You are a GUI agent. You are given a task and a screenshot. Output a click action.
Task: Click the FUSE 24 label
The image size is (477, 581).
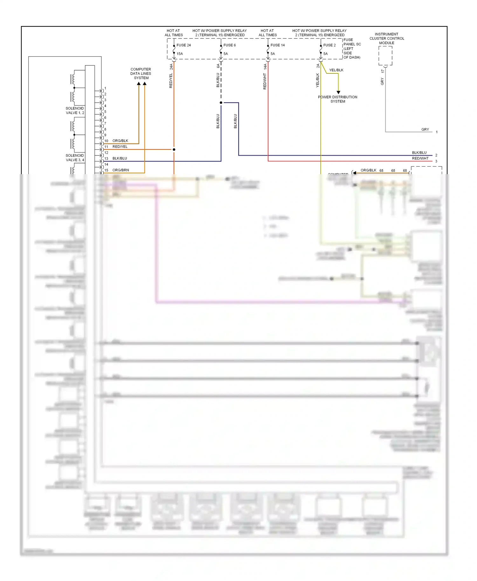183,45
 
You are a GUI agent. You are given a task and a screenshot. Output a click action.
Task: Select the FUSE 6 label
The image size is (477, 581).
230,45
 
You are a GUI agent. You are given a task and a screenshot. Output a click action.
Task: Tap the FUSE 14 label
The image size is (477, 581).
278,45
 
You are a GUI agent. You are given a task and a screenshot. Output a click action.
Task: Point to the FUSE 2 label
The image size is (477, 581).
329,45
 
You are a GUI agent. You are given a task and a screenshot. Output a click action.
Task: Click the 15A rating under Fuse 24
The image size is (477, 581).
180,54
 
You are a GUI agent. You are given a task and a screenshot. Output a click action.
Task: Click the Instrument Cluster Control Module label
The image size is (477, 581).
387,38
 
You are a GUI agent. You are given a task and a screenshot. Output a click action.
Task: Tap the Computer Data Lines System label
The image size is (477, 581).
141,73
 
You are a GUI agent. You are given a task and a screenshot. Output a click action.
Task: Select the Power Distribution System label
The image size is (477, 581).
337,99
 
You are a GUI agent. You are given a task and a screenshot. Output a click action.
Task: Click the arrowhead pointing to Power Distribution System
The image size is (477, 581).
338,92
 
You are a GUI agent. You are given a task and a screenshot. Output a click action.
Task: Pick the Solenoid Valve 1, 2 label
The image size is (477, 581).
75,111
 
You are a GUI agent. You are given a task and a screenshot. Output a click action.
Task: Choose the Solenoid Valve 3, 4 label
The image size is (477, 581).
75,158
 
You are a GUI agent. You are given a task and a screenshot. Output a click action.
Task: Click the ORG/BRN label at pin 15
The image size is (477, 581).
121,170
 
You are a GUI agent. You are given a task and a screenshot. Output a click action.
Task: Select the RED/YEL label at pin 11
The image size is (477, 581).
120,147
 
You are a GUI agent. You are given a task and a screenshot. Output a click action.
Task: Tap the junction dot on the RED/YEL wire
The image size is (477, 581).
174,149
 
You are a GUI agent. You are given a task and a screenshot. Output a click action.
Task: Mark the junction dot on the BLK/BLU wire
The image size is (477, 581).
221,103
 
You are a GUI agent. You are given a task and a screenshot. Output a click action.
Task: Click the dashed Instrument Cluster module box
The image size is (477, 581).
385,56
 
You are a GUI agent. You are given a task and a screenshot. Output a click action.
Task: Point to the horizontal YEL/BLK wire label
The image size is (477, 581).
336,70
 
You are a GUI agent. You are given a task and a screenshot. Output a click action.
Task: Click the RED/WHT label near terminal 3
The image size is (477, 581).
420,158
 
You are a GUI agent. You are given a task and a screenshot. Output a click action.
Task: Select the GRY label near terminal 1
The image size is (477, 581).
425,129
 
